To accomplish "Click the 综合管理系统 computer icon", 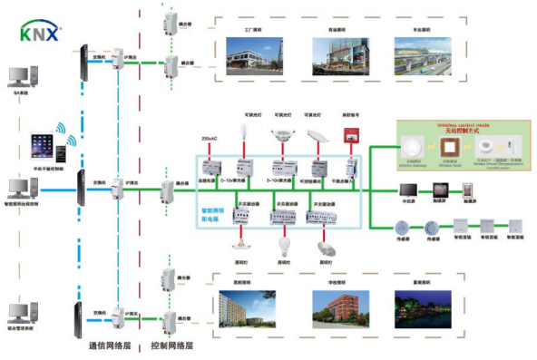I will tap(20, 312).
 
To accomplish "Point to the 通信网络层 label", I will tap(112, 346).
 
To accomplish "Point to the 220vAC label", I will tap(210, 139).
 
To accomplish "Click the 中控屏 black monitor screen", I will tap(407, 191).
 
